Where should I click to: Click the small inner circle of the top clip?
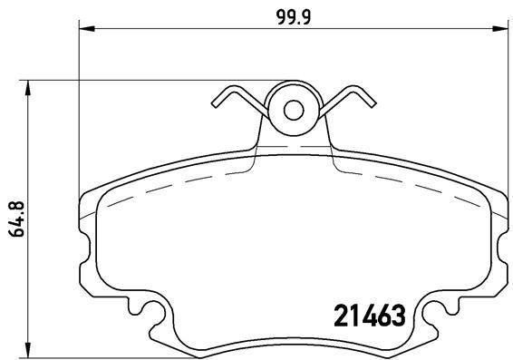294,110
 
